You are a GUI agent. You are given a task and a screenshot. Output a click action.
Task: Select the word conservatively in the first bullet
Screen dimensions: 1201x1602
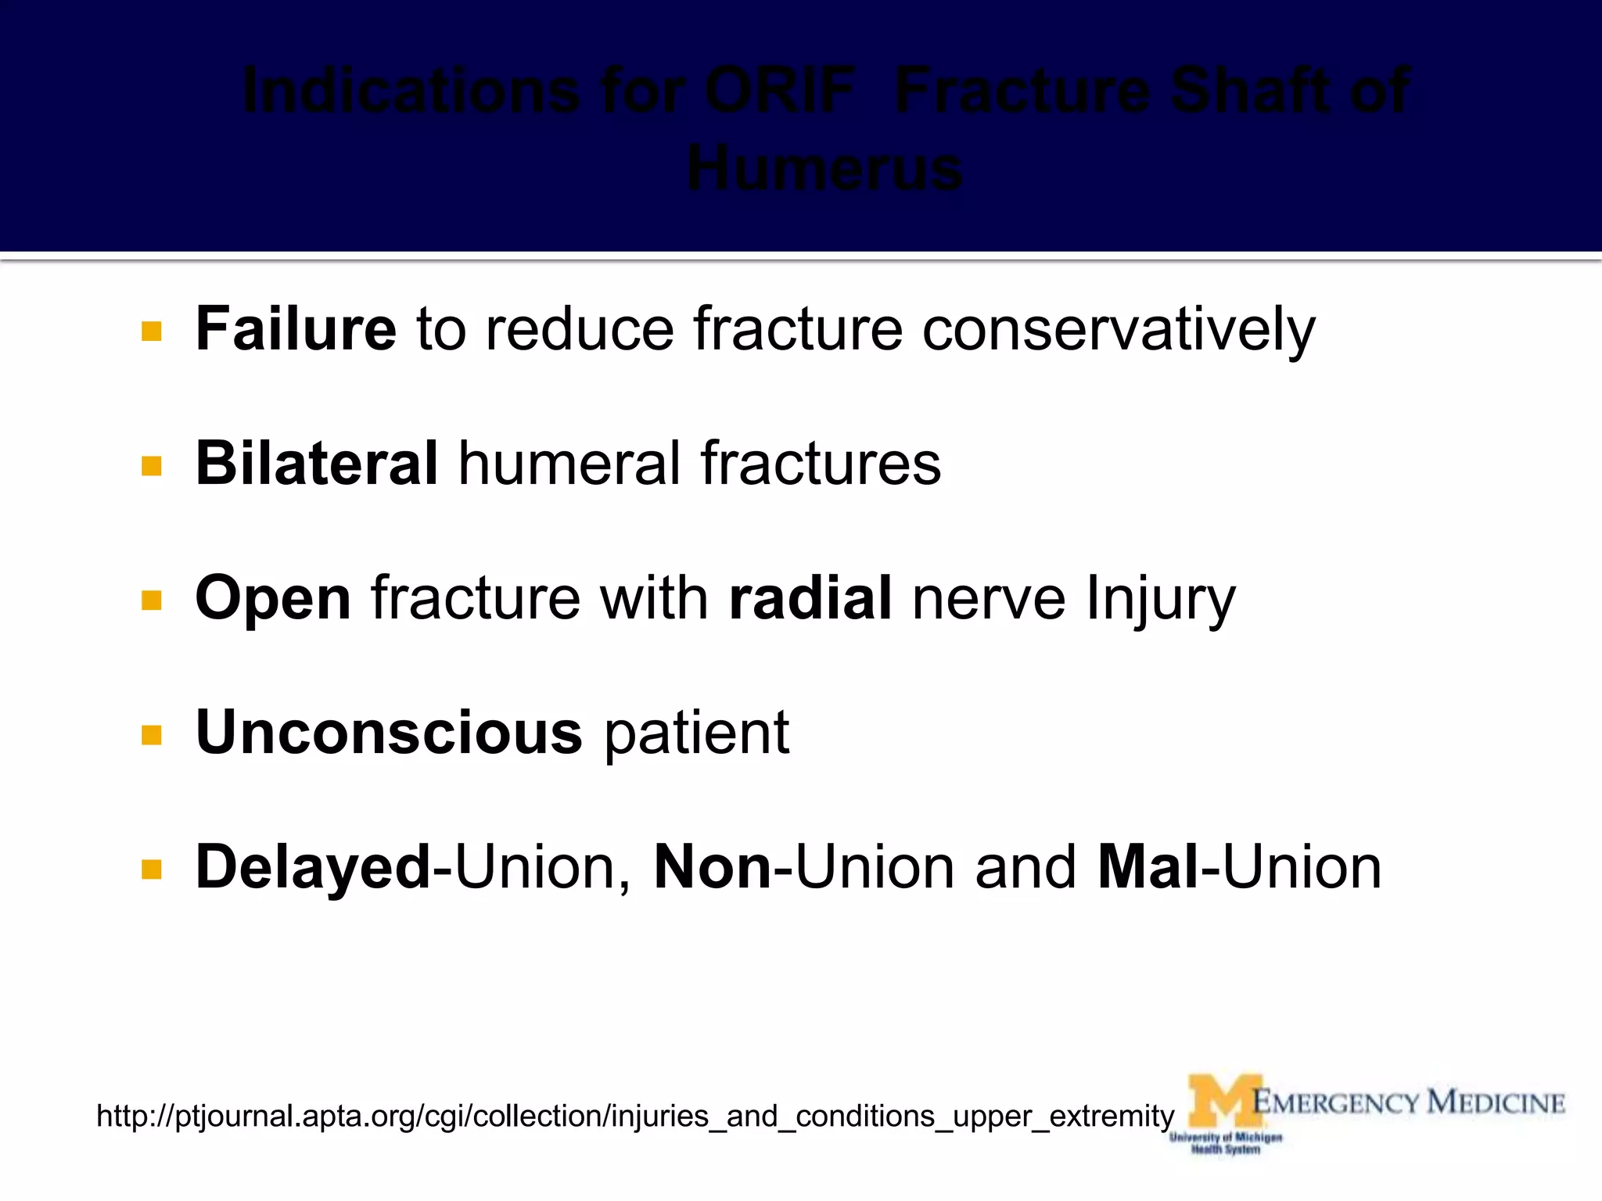coord(1119,330)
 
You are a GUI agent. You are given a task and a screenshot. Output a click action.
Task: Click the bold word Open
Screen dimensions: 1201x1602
coord(273,599)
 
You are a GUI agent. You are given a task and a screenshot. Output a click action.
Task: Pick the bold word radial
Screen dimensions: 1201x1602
coord(810,598)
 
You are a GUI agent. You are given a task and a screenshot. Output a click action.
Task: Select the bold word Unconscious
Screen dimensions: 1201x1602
coord(389,733)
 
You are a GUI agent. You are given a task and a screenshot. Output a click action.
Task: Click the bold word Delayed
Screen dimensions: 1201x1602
coord(313,867)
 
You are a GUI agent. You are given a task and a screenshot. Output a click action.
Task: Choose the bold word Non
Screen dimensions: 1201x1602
coord(713,867)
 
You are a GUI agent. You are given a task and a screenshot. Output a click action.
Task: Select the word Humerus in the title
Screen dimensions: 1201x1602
coord(824,169)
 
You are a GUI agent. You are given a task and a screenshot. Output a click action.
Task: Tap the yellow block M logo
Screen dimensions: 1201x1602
coord(1224,1102)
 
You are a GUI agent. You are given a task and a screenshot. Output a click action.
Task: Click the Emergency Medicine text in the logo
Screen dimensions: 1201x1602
coord(1408,1102)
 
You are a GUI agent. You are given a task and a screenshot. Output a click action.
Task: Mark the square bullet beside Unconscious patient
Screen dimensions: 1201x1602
coord(152,735)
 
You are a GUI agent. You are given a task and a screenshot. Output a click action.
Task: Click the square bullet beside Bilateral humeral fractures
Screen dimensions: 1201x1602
coord(152,466)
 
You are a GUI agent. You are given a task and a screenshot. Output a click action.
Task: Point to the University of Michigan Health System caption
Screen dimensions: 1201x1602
coord(1226,1143)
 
